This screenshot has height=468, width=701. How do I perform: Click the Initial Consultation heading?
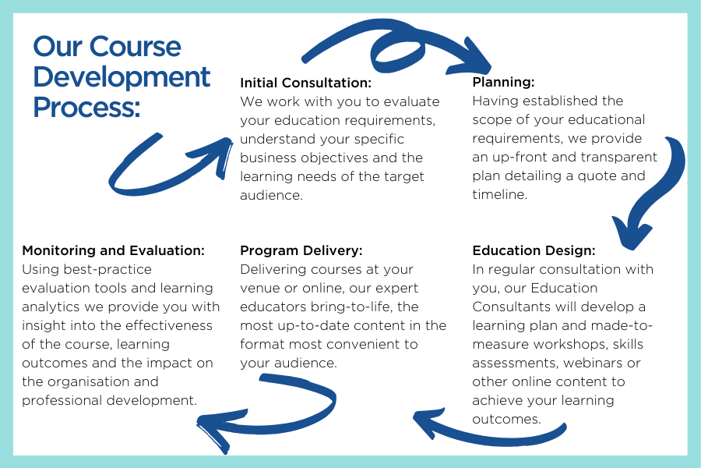[306, 83]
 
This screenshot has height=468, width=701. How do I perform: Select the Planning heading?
[503, 83]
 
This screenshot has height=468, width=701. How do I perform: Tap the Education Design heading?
[534, 250]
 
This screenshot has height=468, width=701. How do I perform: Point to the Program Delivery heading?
[301, 250]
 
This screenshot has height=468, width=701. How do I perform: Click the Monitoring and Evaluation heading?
[113, 250]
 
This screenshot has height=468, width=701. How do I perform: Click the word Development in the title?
[122, 77]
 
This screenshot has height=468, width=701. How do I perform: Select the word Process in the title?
[86, 107]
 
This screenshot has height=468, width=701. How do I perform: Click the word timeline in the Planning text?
[499, 194]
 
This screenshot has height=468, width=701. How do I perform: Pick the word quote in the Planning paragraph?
[597, 176]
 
